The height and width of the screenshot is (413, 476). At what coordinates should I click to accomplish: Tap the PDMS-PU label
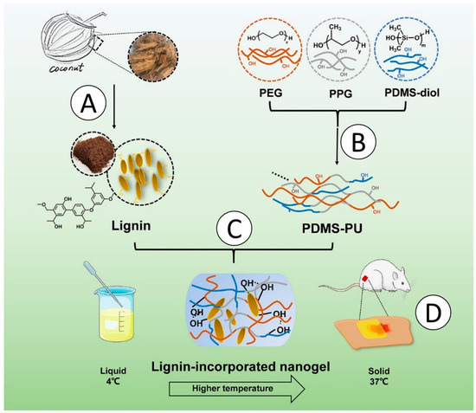coord(331,229)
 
